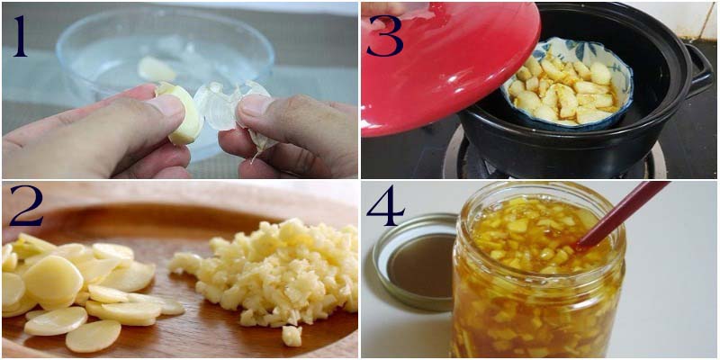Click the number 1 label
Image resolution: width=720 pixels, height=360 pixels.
point(21,36)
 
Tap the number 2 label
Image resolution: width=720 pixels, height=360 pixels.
point(26,205)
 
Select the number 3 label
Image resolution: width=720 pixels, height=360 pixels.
point(385,36)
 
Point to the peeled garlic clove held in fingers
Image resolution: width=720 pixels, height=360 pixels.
point(183,112)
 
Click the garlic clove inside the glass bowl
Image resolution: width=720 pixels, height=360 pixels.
point(156,69)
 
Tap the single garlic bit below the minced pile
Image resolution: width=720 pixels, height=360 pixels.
point(292,336)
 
